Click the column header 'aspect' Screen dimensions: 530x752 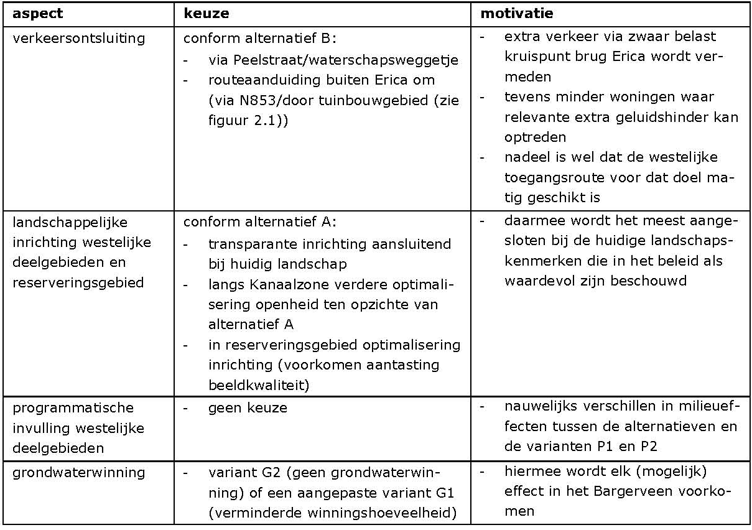[x=38, y=14]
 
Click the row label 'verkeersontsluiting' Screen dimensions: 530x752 [x=78, y=39]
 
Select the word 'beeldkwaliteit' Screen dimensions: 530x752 [x=259, y=384]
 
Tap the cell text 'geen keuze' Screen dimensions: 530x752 [x=248, y=408]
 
